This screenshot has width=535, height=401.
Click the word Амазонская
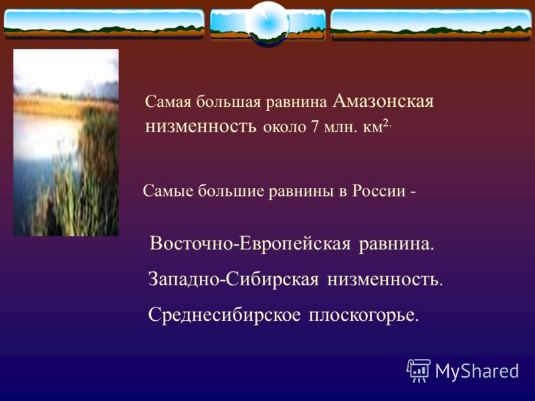pos(383,101)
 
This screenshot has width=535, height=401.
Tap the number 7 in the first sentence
pos(314,127)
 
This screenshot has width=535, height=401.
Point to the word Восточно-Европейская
pos(250,244)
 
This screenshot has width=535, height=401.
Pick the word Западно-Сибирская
pos(233,279)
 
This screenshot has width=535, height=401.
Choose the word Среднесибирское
pos(225,315)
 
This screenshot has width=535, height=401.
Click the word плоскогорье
pos(363,315)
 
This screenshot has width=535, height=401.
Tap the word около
pos(285,128)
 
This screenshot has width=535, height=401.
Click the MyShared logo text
pos(477,371)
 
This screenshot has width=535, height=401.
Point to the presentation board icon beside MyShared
pos(419,370)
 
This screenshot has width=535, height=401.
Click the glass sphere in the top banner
pos(267,23)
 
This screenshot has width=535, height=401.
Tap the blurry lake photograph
pos(66,142)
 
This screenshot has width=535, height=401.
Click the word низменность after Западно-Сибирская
pos(385,280)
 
